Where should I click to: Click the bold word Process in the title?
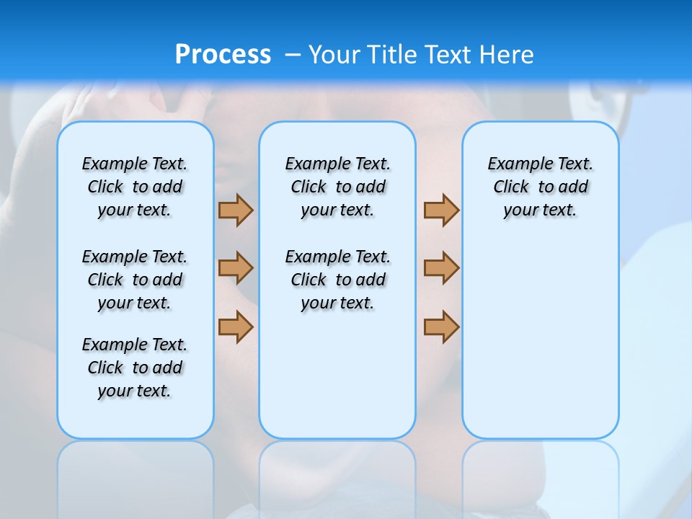coord(223,54)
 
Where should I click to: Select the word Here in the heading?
coord(507,55)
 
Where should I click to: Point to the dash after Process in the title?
coord(293,55)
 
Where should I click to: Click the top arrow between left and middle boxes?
coord(236,210)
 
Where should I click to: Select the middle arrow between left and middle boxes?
coord(236,268)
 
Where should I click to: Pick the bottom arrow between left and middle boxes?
coord(236,327)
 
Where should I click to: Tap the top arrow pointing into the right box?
coord(441,210)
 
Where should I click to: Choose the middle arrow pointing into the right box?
coord(441,268)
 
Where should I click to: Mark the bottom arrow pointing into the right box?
coord(441,327)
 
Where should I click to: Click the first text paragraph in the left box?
coord(135,187)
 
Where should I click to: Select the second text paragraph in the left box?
coord(135,280)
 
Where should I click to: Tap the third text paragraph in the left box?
coord(135,368)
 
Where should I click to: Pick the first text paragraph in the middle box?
coord(337,187)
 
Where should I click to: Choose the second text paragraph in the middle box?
coord(337,280)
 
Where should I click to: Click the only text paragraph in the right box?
coord(540,187)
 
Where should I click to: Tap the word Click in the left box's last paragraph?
coord(105,368)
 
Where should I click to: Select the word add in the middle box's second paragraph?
coord(371,280)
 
